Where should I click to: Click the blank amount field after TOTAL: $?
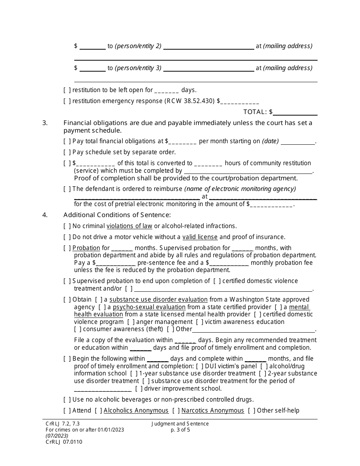[295, 112]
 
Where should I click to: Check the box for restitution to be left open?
[67, 90]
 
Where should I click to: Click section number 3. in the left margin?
[45, 123]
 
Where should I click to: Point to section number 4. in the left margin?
[45, 215]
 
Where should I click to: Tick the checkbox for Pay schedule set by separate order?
[67, 152]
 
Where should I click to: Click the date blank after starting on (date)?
[298, 141]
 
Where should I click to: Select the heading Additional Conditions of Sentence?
[117, 215]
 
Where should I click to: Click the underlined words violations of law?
[129, 226]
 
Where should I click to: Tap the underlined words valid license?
[200, 237]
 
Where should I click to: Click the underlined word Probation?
[86, 248]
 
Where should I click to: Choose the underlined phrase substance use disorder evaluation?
[158, 299]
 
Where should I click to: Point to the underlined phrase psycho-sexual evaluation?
[149, 307]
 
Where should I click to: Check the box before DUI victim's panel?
[199, 366]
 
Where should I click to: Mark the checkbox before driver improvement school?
[139, 388]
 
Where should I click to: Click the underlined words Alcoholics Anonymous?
[136, 410]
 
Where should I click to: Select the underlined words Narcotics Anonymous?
[213, 410]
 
